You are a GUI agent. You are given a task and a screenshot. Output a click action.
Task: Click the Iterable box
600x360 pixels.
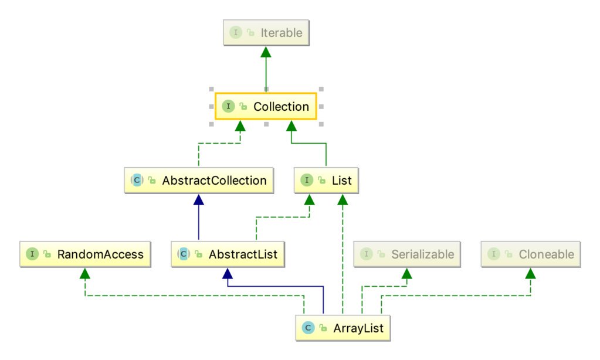[266, 33]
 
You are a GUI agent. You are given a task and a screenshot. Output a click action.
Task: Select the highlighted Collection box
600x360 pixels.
[266, 107]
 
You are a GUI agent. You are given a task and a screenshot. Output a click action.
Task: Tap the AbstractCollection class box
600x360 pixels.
[199, 181]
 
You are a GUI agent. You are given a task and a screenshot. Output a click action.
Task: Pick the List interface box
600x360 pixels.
[326, 181]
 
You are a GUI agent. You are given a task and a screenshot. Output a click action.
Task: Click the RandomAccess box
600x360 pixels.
[84, 254]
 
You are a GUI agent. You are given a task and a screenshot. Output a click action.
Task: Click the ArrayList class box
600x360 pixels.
[342, 328]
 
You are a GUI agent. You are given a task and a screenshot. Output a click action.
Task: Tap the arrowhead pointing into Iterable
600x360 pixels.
[266, 52]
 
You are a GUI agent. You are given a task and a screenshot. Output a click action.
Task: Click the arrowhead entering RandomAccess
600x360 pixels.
[84, 274]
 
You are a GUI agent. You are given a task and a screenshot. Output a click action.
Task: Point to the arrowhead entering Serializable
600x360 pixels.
[406, 274]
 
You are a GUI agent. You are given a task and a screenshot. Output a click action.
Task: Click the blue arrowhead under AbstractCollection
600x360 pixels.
[199, 200]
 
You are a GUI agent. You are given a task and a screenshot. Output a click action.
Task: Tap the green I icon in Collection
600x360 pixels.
[228, 107]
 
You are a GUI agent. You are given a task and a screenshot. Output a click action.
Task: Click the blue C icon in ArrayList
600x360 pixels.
[307, 328]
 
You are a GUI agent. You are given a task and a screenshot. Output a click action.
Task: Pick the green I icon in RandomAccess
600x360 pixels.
[31, 254]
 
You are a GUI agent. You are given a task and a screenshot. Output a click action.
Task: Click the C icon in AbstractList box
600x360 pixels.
[184, 254]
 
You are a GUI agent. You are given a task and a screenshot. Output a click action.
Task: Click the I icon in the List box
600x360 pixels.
[306, 181]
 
